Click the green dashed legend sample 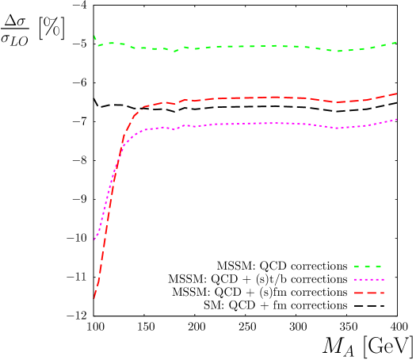click(x=368, y=267)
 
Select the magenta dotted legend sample click(x=368, y=280)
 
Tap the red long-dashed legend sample click(x=368, y=293)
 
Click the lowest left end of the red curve click(x=94, y=298)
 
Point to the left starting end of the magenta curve click(x=95, y=238)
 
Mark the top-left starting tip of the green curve click(x=94, y=36)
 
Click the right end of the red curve click(x=396, y=94)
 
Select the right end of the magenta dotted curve click(x=396, y=120)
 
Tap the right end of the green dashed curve click(x=396, y=42)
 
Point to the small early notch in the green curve click(x=175, y=51)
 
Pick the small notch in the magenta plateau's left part click(x=174, y=128)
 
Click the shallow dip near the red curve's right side click(x=337, y=102)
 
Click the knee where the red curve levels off click(x=143, y=107)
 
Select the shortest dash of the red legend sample click(x=382, y=293)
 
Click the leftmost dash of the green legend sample click(x=357, y=267)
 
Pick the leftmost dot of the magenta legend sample click(x=355, y=280)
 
